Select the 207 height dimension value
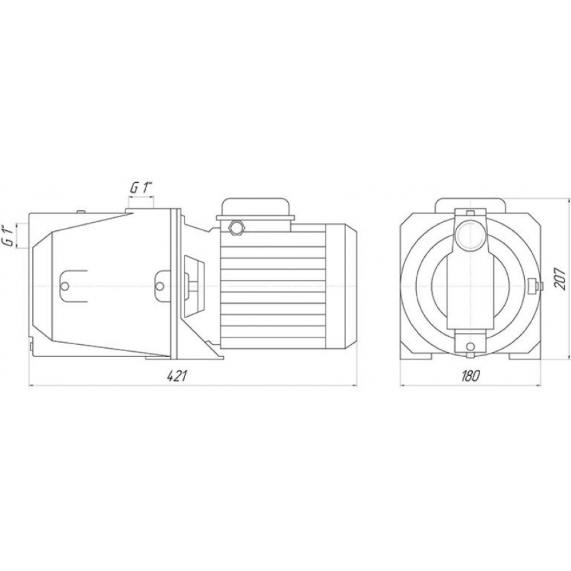pyautogui.click(x=559, y=278)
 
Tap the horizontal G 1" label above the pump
pyautogui.click(x=140, y=188)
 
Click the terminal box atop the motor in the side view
pyautogui.click(x=255, y=214)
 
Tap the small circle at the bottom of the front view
pyautogui.click(x=470, y=345)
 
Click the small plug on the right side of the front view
pyautogui.click(x=536, y=285)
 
